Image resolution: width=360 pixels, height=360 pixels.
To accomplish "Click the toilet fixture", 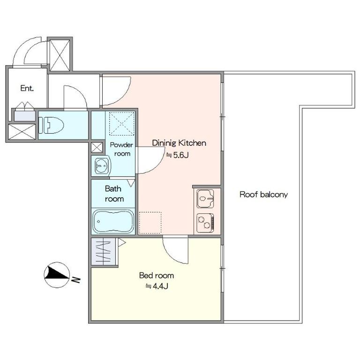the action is point(51,125).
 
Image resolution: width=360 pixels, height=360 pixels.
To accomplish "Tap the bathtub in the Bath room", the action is point(113,221).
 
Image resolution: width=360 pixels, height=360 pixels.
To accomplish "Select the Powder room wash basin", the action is point(101,166).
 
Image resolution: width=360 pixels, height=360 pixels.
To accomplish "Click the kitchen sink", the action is point(205,198).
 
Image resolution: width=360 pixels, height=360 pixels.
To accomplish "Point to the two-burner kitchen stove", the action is point(205,223).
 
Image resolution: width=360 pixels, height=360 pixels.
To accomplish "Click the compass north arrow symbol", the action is point(57,275).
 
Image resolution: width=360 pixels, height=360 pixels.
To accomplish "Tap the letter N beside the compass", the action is point(76,280).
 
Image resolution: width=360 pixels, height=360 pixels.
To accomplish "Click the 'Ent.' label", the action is point(27,88).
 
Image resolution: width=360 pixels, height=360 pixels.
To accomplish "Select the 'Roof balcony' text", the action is point(263,195).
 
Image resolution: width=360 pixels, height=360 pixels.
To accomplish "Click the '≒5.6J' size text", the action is point(177,155).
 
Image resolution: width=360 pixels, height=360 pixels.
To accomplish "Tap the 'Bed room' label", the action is point(157,275).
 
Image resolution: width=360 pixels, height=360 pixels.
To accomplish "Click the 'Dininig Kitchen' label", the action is point(179,143).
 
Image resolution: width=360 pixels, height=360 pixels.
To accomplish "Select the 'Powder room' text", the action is point(122,149).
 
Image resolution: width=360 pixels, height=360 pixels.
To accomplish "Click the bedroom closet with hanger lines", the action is point(103,251).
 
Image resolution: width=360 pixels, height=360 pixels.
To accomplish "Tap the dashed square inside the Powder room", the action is point(122,124).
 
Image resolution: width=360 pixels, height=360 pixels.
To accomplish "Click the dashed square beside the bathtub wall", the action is point(150,223).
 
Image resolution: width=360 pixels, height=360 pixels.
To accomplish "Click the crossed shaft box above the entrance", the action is point(60,55).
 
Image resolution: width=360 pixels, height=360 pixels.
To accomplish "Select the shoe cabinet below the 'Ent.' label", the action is point(24,116).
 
